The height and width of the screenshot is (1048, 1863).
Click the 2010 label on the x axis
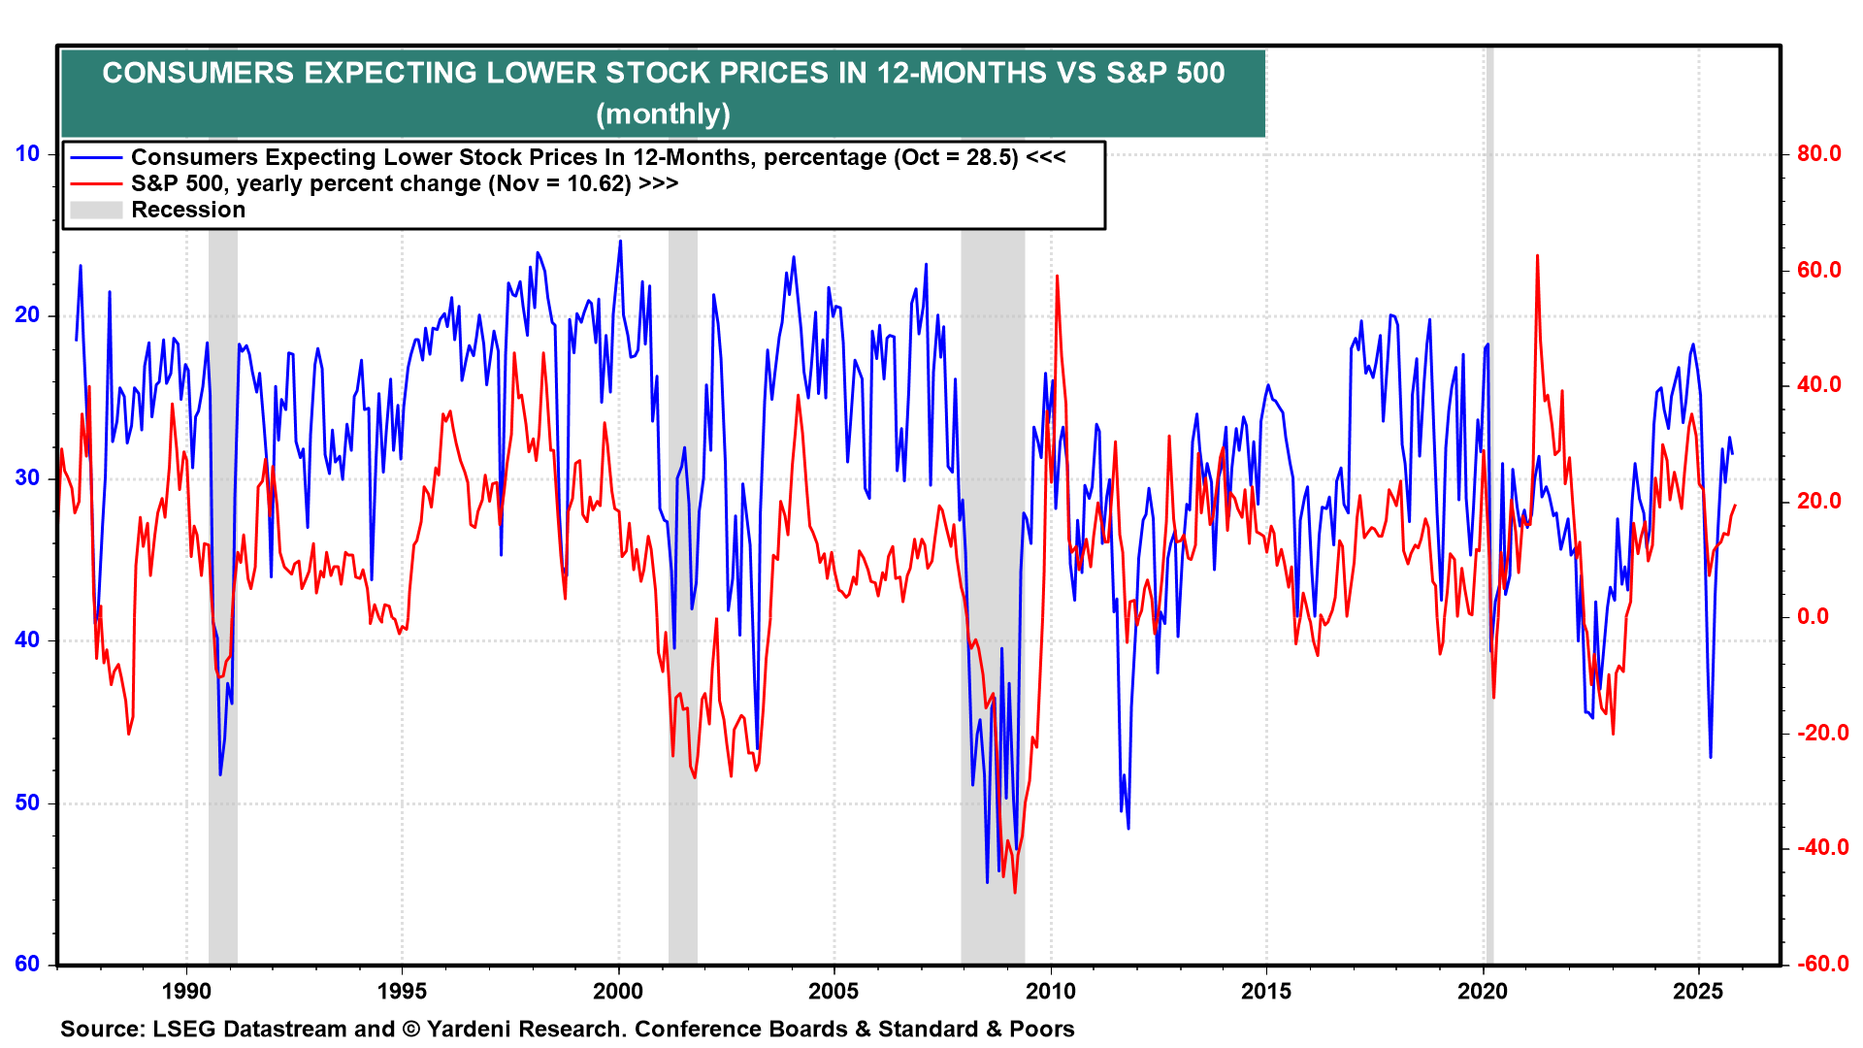pyautogui.click(x=1051, y=991)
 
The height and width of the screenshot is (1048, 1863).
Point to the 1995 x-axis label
pyautogui.click(x=402, y=991)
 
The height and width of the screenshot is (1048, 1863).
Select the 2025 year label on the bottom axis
pyautogui.click(x=1698, y=991)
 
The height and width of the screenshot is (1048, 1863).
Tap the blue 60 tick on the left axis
pyautogui.click(x=27, y=964)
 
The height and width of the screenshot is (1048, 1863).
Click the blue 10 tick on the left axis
pyautogui.click(x=27, y=153)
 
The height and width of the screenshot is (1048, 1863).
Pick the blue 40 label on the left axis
pyautogui.click(x=27, y=639)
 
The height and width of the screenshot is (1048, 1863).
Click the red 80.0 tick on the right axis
pyautogui.click(x=1818, y=153)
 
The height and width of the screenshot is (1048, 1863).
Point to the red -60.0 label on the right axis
pyautogui.click(x=1821, y=964)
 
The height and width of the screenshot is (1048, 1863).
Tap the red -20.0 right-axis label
pyautogui.click(x=1821, y=733)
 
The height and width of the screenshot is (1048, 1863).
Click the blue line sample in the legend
pyautogui.click(x=96, y=158)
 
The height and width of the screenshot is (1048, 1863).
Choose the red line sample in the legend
pyautogui.click(x=96, y=183)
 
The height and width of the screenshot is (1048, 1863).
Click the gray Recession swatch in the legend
pyautogui.click(x=96, y=210)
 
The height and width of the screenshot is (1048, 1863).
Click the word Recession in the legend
pyautogui.click(x=188, y=210)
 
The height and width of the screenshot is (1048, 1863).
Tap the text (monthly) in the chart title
pyautogui.click(x=663, y=114)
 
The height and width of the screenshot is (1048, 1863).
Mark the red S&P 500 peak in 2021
pyautogui.click(x=1537, y=256)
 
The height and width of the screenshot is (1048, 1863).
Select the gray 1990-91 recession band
pyautogui.click(x=223, y=582)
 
